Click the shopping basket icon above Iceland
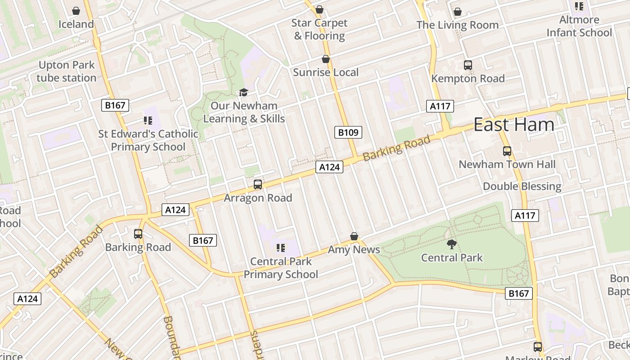(x=76, y=11)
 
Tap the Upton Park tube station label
(x=67, y=72)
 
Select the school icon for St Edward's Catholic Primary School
(x=148, y=120)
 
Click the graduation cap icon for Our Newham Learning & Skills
(x=243, y=92)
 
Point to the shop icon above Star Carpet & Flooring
(x=319, y=9)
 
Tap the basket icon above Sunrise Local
(x=326, y=59)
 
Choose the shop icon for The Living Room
(x=458, y=12)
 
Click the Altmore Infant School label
(x=579, y=26)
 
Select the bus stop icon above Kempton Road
(x=468, y=65)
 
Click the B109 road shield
(x=348, y=132)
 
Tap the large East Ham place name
(x=514, y=125)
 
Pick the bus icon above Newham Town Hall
(x=507, y=151)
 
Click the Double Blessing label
(x=522, y=186)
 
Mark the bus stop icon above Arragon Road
(x=258, y=184)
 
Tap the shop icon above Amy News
(x=354, y=236)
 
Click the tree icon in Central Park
(x=452, y=244)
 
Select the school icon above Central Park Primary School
(x=281, y=248)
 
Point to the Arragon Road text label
(x=258, y=198)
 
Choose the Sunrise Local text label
(x=326, y=72)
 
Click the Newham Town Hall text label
(x=507, y=165)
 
